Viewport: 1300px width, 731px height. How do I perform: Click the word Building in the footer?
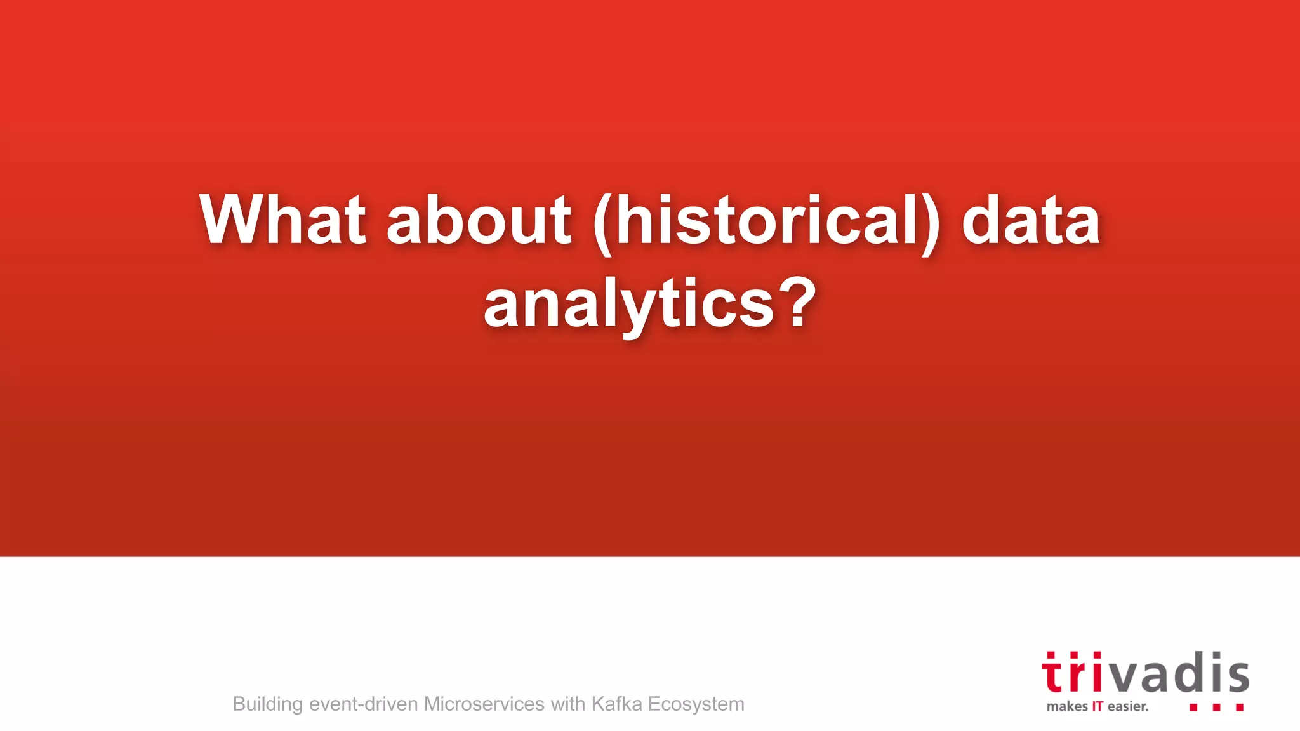(267, 704)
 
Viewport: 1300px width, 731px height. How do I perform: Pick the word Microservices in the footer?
(484, 704)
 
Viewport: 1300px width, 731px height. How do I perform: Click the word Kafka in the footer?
(616, 704)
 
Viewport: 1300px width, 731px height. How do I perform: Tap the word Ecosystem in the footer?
(696, 704)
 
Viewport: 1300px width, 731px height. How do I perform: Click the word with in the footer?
(567, 704)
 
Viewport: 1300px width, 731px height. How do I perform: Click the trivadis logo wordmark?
(1145, 673)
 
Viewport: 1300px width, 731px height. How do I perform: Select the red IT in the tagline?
(1098, 706)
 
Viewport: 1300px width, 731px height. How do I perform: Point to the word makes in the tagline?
(1067, 706)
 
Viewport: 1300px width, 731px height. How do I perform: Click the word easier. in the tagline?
(1128, 706)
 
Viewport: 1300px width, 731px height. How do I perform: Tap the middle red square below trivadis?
(1216, 707)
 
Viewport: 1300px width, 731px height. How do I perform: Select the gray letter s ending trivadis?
(1238, 676)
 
